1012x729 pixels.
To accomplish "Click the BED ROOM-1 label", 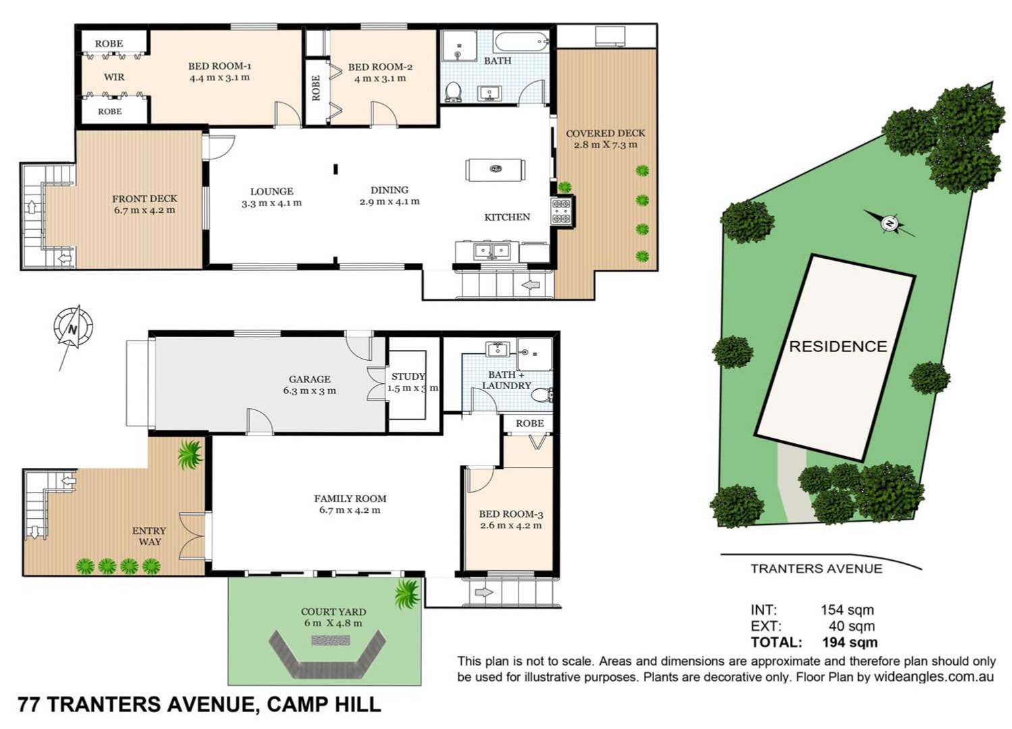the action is tap(219, 66).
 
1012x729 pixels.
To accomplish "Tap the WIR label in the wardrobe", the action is tap(114, 77).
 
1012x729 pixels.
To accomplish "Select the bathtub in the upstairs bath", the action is tap(521, 42).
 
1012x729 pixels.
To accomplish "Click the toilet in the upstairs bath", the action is tap(454, 92).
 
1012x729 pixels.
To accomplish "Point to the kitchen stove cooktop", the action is tap(562, 211).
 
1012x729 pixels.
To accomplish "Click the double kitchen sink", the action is tap(491, 251).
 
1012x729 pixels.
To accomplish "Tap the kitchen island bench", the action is tap(495, 170).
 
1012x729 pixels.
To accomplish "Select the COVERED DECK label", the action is tap(606, 133).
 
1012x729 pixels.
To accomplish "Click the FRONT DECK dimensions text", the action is tap(144, 210).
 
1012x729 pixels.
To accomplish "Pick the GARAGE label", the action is tap(309, 379).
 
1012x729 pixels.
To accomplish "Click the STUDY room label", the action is tap(408, 376).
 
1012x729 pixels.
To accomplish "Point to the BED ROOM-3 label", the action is tap(510, 514).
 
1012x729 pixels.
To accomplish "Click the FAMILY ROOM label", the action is tap(350, 499).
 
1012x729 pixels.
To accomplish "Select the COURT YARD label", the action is tap(334, 612).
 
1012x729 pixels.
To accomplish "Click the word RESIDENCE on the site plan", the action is tap(838, 347).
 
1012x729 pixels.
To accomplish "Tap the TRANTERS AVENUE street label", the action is tap(816, 568).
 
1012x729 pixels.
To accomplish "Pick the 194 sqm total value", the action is tap(850, 642).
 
